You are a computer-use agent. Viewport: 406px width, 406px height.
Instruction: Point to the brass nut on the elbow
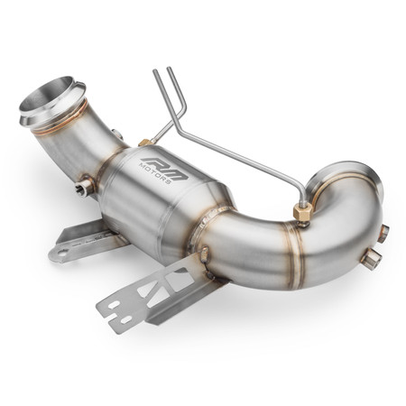pos(303,212)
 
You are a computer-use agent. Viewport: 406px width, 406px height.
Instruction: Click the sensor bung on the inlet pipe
pos(86,187)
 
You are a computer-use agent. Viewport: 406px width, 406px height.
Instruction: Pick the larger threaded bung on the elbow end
pos(371,260)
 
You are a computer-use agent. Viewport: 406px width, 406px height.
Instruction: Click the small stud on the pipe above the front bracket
pos(204,254)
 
